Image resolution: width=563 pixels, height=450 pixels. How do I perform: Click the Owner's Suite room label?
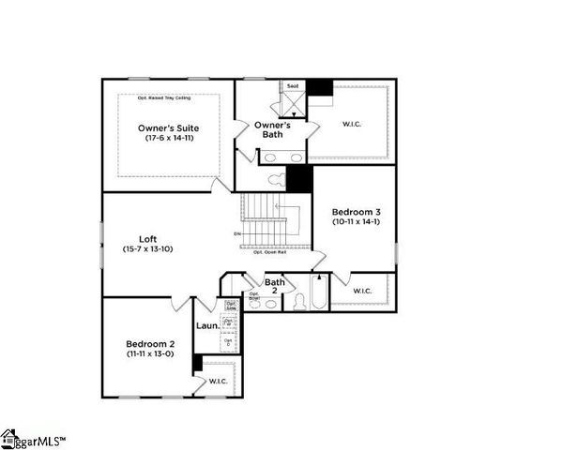pyautogui.click(x=168, y=127)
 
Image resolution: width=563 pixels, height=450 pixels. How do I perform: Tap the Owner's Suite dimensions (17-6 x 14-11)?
pyautogui.click(x=168, y=138)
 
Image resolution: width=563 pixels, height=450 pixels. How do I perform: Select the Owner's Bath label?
pyautogui.click(x=273, y=129)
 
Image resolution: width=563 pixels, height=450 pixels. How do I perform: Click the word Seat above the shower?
pyautogui.click(x=292, y=86)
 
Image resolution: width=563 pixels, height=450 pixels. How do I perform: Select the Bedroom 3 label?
pyautogui.click(x=356, y=213)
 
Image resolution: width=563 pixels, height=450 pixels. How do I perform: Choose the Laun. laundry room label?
pyautogui.click(x=208, y=325)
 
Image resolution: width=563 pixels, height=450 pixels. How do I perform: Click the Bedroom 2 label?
pyautogui.click(x=150, y=343)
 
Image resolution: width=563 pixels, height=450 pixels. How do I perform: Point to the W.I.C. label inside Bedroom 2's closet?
pyautogui.click(x=219, y=381)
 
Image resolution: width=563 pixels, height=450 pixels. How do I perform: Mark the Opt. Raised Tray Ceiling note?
pyautogui.click(x=168, y=97)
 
